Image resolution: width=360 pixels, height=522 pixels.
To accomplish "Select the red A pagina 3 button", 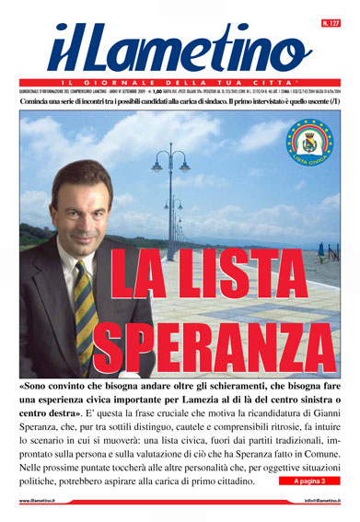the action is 308,481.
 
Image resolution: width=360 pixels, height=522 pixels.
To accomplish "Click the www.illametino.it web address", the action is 44,501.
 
